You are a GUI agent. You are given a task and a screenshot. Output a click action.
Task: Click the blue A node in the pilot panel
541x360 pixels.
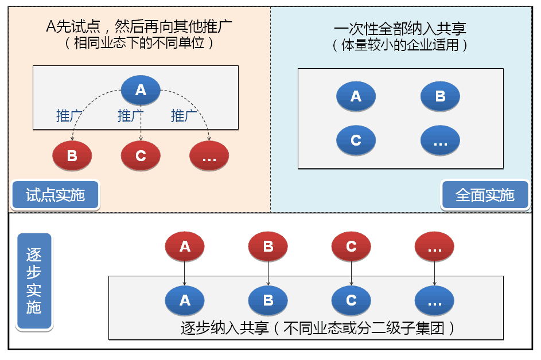click(x=141, y=90)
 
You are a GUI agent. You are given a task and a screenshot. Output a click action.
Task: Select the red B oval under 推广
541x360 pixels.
click(x=72, y=155)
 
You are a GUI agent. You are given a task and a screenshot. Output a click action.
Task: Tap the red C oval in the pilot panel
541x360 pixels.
click(x=141, y=155)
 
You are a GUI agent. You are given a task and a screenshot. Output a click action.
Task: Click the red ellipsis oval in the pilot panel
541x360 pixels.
click(x=209, y=156)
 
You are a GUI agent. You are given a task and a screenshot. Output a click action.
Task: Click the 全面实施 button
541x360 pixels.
click(x=485, y=195)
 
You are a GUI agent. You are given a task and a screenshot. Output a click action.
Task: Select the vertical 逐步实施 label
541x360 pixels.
click(x=34, y=281)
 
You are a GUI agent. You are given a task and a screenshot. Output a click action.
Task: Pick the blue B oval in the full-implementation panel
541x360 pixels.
click(x=440, y=96)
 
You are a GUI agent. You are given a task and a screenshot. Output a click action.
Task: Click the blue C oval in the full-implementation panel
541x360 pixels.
click(x=356, y=140)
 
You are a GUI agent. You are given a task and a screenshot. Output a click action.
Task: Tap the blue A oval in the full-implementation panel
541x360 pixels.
click(x=356, y=96)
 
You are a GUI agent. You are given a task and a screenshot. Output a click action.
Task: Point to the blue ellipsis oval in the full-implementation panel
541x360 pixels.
click(x=440, y=140)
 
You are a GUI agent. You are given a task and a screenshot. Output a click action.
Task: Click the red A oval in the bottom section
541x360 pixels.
click(x=185, y=247)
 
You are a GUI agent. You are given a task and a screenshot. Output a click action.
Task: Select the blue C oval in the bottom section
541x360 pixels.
click(x=351, y=300)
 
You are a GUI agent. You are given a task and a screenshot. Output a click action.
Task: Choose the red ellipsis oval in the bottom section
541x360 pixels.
click(x=434, y=247)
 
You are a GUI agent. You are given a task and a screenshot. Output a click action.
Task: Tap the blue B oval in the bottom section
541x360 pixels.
click(x=268, y=300)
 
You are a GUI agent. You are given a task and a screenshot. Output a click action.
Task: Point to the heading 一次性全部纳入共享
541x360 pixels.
click(x=400, y=29)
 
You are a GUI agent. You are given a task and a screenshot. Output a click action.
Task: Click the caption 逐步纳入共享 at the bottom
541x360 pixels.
click(x=318, y=328)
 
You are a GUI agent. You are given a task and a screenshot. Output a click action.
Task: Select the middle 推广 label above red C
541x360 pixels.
click(x=130, y=116)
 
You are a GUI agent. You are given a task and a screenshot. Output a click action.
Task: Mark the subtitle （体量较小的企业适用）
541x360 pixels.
click(x=400, y=45)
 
